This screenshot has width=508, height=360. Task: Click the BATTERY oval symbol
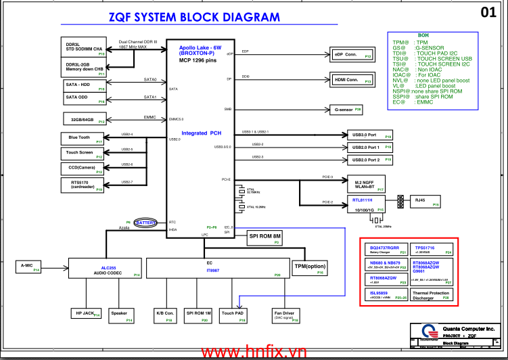coord(146,223)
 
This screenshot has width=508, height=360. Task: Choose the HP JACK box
coord(86,313)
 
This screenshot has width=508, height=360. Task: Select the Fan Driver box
coord(284,314)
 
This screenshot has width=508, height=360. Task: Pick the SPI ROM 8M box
coord(265,238)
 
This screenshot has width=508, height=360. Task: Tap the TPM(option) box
coord(309,268)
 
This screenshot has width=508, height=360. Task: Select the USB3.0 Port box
coord(369,135)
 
